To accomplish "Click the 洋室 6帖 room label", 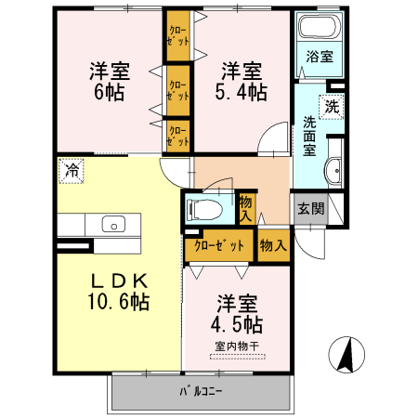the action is click(110, 82).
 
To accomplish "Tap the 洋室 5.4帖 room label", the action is click(242, 82).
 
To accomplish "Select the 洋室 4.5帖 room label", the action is click(237, 314).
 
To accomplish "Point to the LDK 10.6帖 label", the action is click(119, 292).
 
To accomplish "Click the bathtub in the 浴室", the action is click(320, 26).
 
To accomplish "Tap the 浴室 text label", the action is click(320, 57).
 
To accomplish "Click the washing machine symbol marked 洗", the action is click(332, 107).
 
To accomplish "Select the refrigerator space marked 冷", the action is click(72, 171).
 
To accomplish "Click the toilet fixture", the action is click(204, 211).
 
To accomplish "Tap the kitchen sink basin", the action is click(114, 224).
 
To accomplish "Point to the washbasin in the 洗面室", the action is click(333, 171).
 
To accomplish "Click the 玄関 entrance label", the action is click(310, 209).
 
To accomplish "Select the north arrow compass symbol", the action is click(346, 355).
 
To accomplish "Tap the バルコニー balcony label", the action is click(201, 392).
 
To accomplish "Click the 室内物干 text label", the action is click(237, 346).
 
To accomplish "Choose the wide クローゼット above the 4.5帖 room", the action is click(219, 245).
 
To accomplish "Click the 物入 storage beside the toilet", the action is click(246, 209).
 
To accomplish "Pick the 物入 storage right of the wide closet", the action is click(273, 245).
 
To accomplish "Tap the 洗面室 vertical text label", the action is click(309, 136).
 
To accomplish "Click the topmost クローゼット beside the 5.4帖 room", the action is click(178, 36).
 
